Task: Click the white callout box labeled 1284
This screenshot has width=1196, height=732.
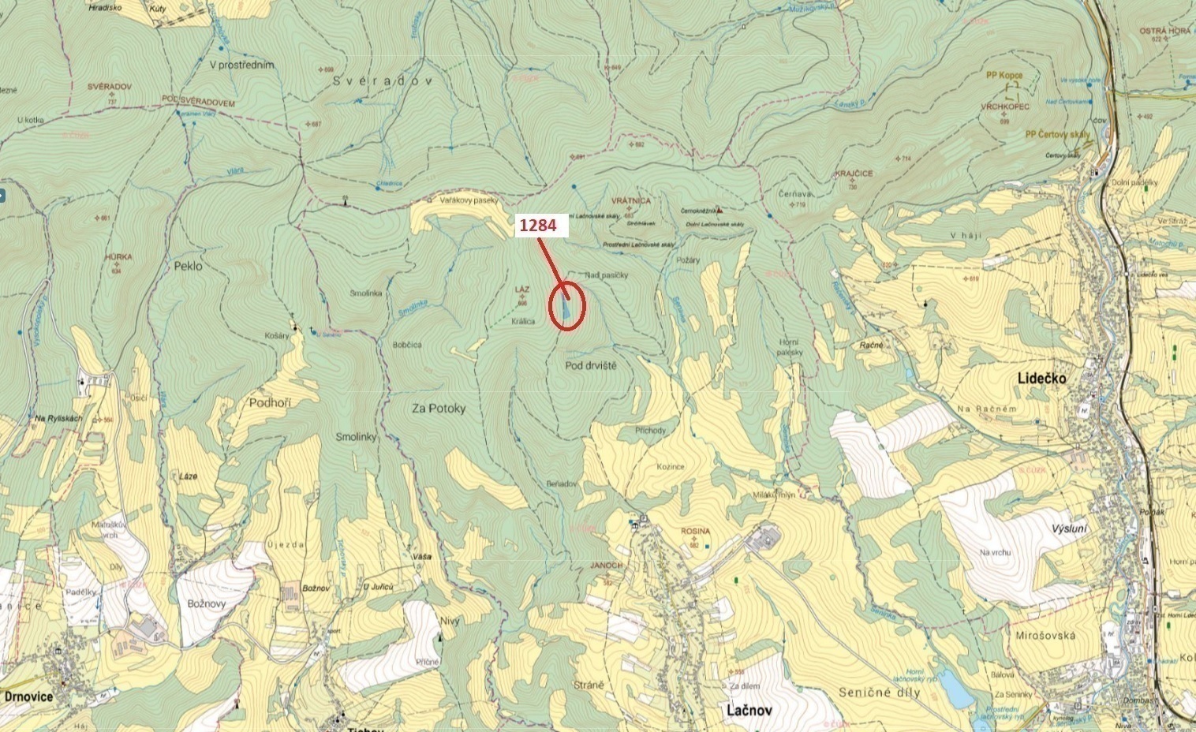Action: click(541, 226)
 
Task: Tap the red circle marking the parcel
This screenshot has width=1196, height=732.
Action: click(566, 308)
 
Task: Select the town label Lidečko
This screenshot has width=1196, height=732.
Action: click(1041, 379)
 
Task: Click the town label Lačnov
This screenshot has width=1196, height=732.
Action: click(749, 710)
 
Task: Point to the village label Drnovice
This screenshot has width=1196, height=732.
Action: click(28, 697)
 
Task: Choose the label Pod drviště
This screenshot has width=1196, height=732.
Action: click(591, 366)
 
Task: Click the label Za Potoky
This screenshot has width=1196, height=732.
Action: click(439, 409)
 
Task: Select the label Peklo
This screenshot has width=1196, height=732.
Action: click(188, 266)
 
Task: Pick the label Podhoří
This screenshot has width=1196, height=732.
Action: click(270, 402)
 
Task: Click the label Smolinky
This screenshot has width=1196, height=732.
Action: click(356, 437)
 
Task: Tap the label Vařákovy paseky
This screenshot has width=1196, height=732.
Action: click(469, 200)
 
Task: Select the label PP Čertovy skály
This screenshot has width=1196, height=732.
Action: click(1057, 135)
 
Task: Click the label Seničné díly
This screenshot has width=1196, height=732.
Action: click(879, 693)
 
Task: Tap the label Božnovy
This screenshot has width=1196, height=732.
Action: click(207, 603)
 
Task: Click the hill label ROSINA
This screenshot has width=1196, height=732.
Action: click(695, 532)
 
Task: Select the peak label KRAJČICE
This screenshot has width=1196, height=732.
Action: click(854, 174)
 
